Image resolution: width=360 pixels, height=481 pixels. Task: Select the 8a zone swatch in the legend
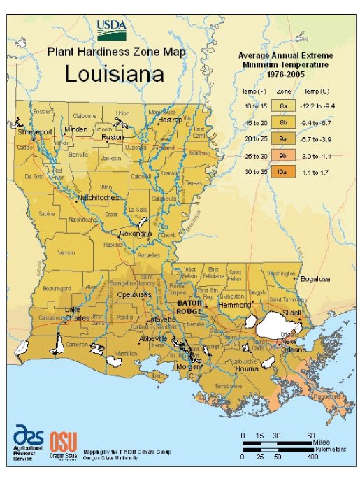coord(284,105)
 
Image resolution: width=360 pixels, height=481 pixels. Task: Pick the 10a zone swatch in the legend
coord(284,171)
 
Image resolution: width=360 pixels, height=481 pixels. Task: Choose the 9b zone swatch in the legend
coord(284,155)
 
